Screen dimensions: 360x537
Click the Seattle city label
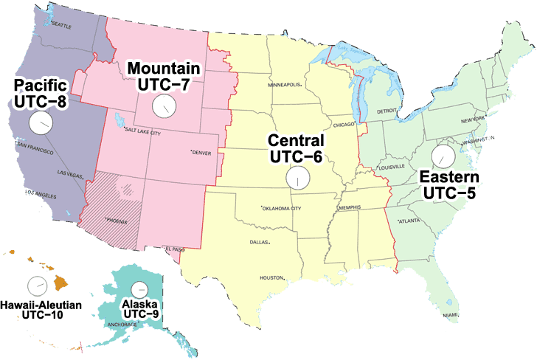click(61, 26)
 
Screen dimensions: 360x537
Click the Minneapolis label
click(284, 84)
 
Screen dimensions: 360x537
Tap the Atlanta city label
click(410, 221)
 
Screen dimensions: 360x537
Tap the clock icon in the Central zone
click(297, 179)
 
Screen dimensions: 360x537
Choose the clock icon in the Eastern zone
click(443, 156)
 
